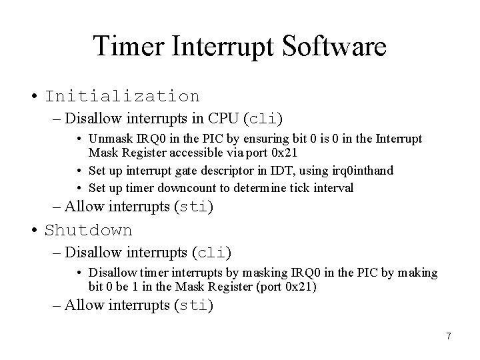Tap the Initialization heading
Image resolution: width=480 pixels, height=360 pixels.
pos(122,96)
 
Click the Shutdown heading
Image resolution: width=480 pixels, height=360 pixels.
pos(89,230)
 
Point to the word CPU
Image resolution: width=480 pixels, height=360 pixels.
pos(224,119)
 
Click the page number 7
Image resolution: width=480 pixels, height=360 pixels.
pos(449,336)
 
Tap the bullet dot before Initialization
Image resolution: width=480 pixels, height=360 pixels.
pos(33,97)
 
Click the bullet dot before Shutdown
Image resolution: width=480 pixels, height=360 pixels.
pos(33,231)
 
